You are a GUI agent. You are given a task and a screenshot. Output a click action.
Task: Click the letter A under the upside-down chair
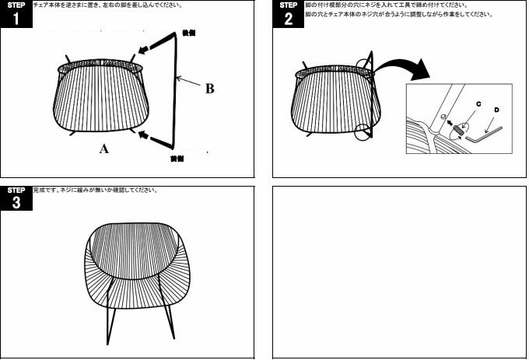click(103, 150)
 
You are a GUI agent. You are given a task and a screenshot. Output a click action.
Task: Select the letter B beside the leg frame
click(209, 89)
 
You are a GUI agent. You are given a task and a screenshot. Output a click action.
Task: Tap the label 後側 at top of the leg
click(188, 34)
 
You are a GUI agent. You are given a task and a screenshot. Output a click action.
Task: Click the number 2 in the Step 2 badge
click(289, 19)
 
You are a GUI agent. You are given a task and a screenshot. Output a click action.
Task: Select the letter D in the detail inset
click(496, 110)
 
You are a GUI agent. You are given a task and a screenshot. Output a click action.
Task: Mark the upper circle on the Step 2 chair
click(365, 65)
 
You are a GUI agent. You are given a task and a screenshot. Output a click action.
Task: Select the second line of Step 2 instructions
click(399, 15)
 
